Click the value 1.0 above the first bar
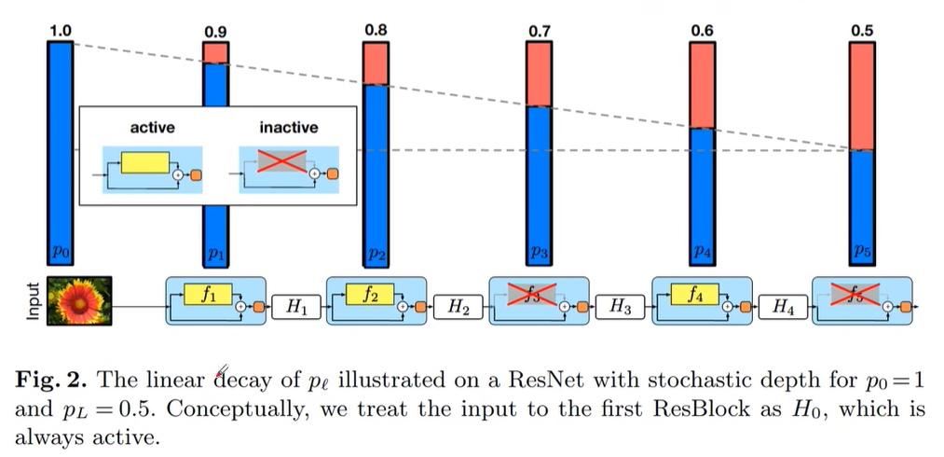point(60,31)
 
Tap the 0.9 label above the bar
point(215,33)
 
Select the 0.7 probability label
point(539,32)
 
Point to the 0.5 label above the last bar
point(862,31)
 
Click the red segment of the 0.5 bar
point(862,95)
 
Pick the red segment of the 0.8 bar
point(376,63)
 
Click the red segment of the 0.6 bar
point(702,85)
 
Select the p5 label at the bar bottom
point(862,253)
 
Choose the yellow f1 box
point(209,295)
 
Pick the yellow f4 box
point(694,295)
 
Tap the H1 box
point(295,306)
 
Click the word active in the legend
point(151,127)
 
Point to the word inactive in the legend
point(287,127)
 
